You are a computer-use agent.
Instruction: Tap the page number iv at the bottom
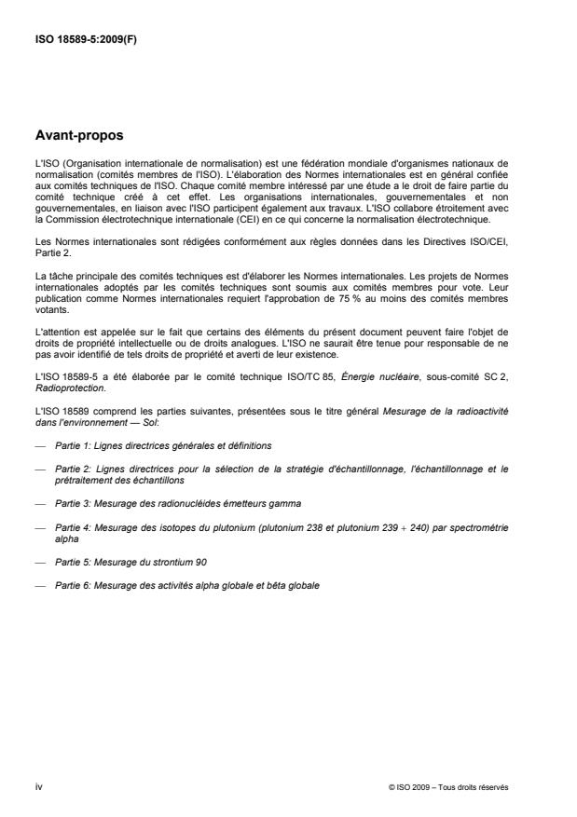(x=37, y=787)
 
